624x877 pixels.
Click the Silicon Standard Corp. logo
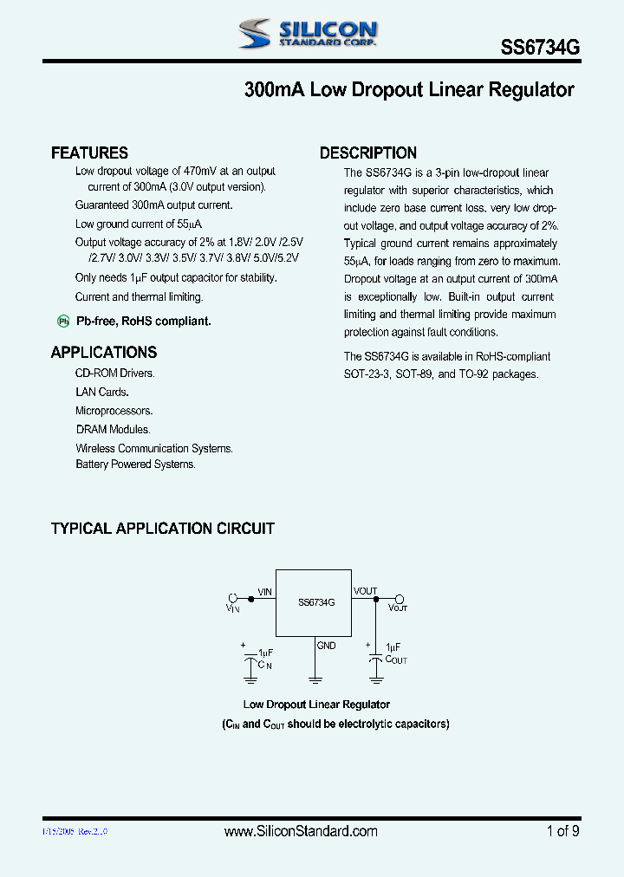(308, 34)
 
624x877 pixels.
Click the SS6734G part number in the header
(540, 49)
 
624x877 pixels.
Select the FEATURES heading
(89, 153)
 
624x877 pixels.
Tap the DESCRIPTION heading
(368, 153)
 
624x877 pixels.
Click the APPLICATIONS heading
(104, 353)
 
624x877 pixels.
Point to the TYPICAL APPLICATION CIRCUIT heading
(163, 529)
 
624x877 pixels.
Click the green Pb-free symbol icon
(63, 322)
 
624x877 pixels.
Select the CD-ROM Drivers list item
(115, 374)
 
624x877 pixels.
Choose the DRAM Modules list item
(113, 430)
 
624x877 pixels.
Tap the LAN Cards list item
(102, 393)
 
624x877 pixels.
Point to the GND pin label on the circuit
(326, 646)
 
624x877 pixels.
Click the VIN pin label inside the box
(264, 591)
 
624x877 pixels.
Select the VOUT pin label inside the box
(365, 591)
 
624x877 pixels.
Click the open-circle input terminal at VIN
(232, 598)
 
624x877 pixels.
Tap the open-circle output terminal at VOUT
(400, 598)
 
